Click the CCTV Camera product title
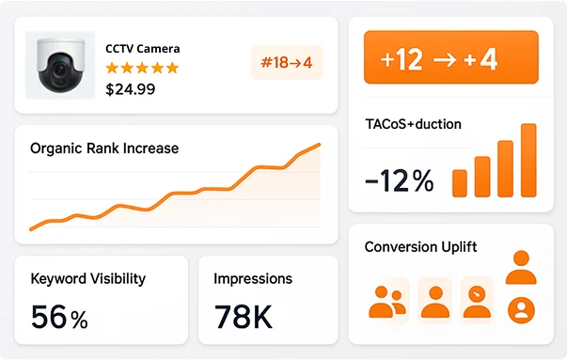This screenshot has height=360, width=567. click(x=142, y=48)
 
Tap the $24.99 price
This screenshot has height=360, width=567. click(x=131, y=89)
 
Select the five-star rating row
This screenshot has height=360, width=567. click(x=141, y=68)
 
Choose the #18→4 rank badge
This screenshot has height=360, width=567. click(x=287, y=63)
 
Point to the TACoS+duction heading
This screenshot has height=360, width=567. click(x=413, y=124)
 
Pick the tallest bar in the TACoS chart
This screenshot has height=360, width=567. click(x=528, y=160)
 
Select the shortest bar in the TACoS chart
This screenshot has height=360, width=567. click(x=460, y=182)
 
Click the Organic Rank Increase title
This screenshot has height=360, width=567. click(x=104, y=149)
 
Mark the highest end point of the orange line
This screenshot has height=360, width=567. click(x=319, y=145)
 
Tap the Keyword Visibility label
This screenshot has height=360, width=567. click(x=88, y=278)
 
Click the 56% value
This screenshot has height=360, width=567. click(x=59, y=317)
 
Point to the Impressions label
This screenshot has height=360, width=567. click(x=253, y=278)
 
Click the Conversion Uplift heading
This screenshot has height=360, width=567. click(x=420, y=247)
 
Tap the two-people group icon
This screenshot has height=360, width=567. click(x=386, y=301)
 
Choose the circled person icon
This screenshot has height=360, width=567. click(x=520, y=308)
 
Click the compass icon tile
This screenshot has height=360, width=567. click(x=479, y=299)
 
